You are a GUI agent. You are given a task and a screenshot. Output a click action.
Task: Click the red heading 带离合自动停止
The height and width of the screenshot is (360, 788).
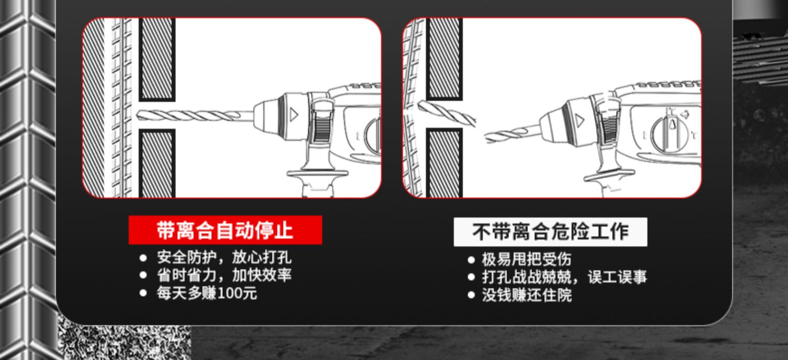225,230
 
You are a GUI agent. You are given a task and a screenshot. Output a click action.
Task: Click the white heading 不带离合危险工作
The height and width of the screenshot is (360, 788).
550,232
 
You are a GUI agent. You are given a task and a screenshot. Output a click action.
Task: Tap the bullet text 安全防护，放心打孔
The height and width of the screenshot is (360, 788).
224,258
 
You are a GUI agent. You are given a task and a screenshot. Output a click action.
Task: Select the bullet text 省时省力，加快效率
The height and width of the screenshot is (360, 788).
224,275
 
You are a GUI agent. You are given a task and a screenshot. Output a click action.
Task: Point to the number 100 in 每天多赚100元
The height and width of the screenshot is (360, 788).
229,293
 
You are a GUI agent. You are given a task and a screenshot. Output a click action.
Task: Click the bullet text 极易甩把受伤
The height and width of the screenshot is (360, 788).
526,259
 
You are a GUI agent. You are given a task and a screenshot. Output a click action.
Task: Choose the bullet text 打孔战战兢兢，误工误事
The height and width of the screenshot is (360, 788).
564,277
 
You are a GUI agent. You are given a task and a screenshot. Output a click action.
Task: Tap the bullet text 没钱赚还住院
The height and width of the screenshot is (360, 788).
526,295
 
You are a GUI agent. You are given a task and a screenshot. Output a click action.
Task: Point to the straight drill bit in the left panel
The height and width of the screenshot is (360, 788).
194,115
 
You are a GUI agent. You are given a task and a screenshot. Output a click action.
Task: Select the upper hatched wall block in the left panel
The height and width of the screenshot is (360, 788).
157,59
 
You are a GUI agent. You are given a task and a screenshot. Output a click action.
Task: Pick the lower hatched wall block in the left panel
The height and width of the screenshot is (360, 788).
157,163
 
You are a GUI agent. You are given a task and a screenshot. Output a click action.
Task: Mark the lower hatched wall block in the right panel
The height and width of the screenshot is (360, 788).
444,163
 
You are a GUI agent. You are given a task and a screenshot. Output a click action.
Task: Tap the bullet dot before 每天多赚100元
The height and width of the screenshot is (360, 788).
143,293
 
